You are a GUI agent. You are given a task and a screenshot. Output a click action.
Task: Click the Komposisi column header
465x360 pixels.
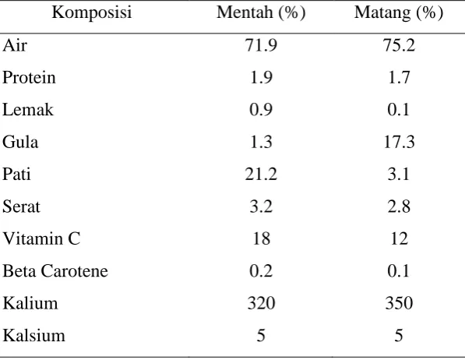point(92,12)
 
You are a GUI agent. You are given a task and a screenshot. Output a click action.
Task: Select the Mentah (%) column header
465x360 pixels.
point(261,12)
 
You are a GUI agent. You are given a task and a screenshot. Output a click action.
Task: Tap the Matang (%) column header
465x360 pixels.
point(399,12)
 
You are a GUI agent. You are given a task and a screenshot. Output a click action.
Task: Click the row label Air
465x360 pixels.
point(15,46)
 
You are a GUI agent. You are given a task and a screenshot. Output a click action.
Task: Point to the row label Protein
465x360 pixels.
point(29,78)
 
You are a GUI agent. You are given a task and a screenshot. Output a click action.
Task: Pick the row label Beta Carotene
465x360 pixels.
point(55,271)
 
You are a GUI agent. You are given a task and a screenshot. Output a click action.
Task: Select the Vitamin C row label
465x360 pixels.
point(41,238)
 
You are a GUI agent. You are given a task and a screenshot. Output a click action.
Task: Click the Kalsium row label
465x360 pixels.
point(33,336)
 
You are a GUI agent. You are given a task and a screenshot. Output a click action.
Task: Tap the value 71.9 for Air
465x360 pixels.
point(261,46)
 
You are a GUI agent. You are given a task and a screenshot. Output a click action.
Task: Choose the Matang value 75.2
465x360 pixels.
point(399,46)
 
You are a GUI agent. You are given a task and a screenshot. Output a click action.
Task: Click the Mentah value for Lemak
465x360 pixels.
point(261,110)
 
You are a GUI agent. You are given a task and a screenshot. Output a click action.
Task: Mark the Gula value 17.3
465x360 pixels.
point(399,142)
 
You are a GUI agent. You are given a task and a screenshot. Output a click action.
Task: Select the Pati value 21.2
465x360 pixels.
point(261,175)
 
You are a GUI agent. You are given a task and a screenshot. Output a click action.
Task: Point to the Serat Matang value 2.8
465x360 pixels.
point(399,206)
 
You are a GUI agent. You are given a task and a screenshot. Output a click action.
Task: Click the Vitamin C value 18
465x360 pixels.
point(261,238)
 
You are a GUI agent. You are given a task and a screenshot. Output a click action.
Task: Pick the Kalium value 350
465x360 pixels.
point(399,303)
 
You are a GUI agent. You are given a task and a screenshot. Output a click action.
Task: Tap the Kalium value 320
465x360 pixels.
point(261,303)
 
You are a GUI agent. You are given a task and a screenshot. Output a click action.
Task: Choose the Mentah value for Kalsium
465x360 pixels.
point(261,336)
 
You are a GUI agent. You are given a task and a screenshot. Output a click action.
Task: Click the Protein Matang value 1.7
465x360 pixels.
point(399,78)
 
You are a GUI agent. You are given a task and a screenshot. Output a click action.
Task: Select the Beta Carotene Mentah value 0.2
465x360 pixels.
point(261,271)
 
